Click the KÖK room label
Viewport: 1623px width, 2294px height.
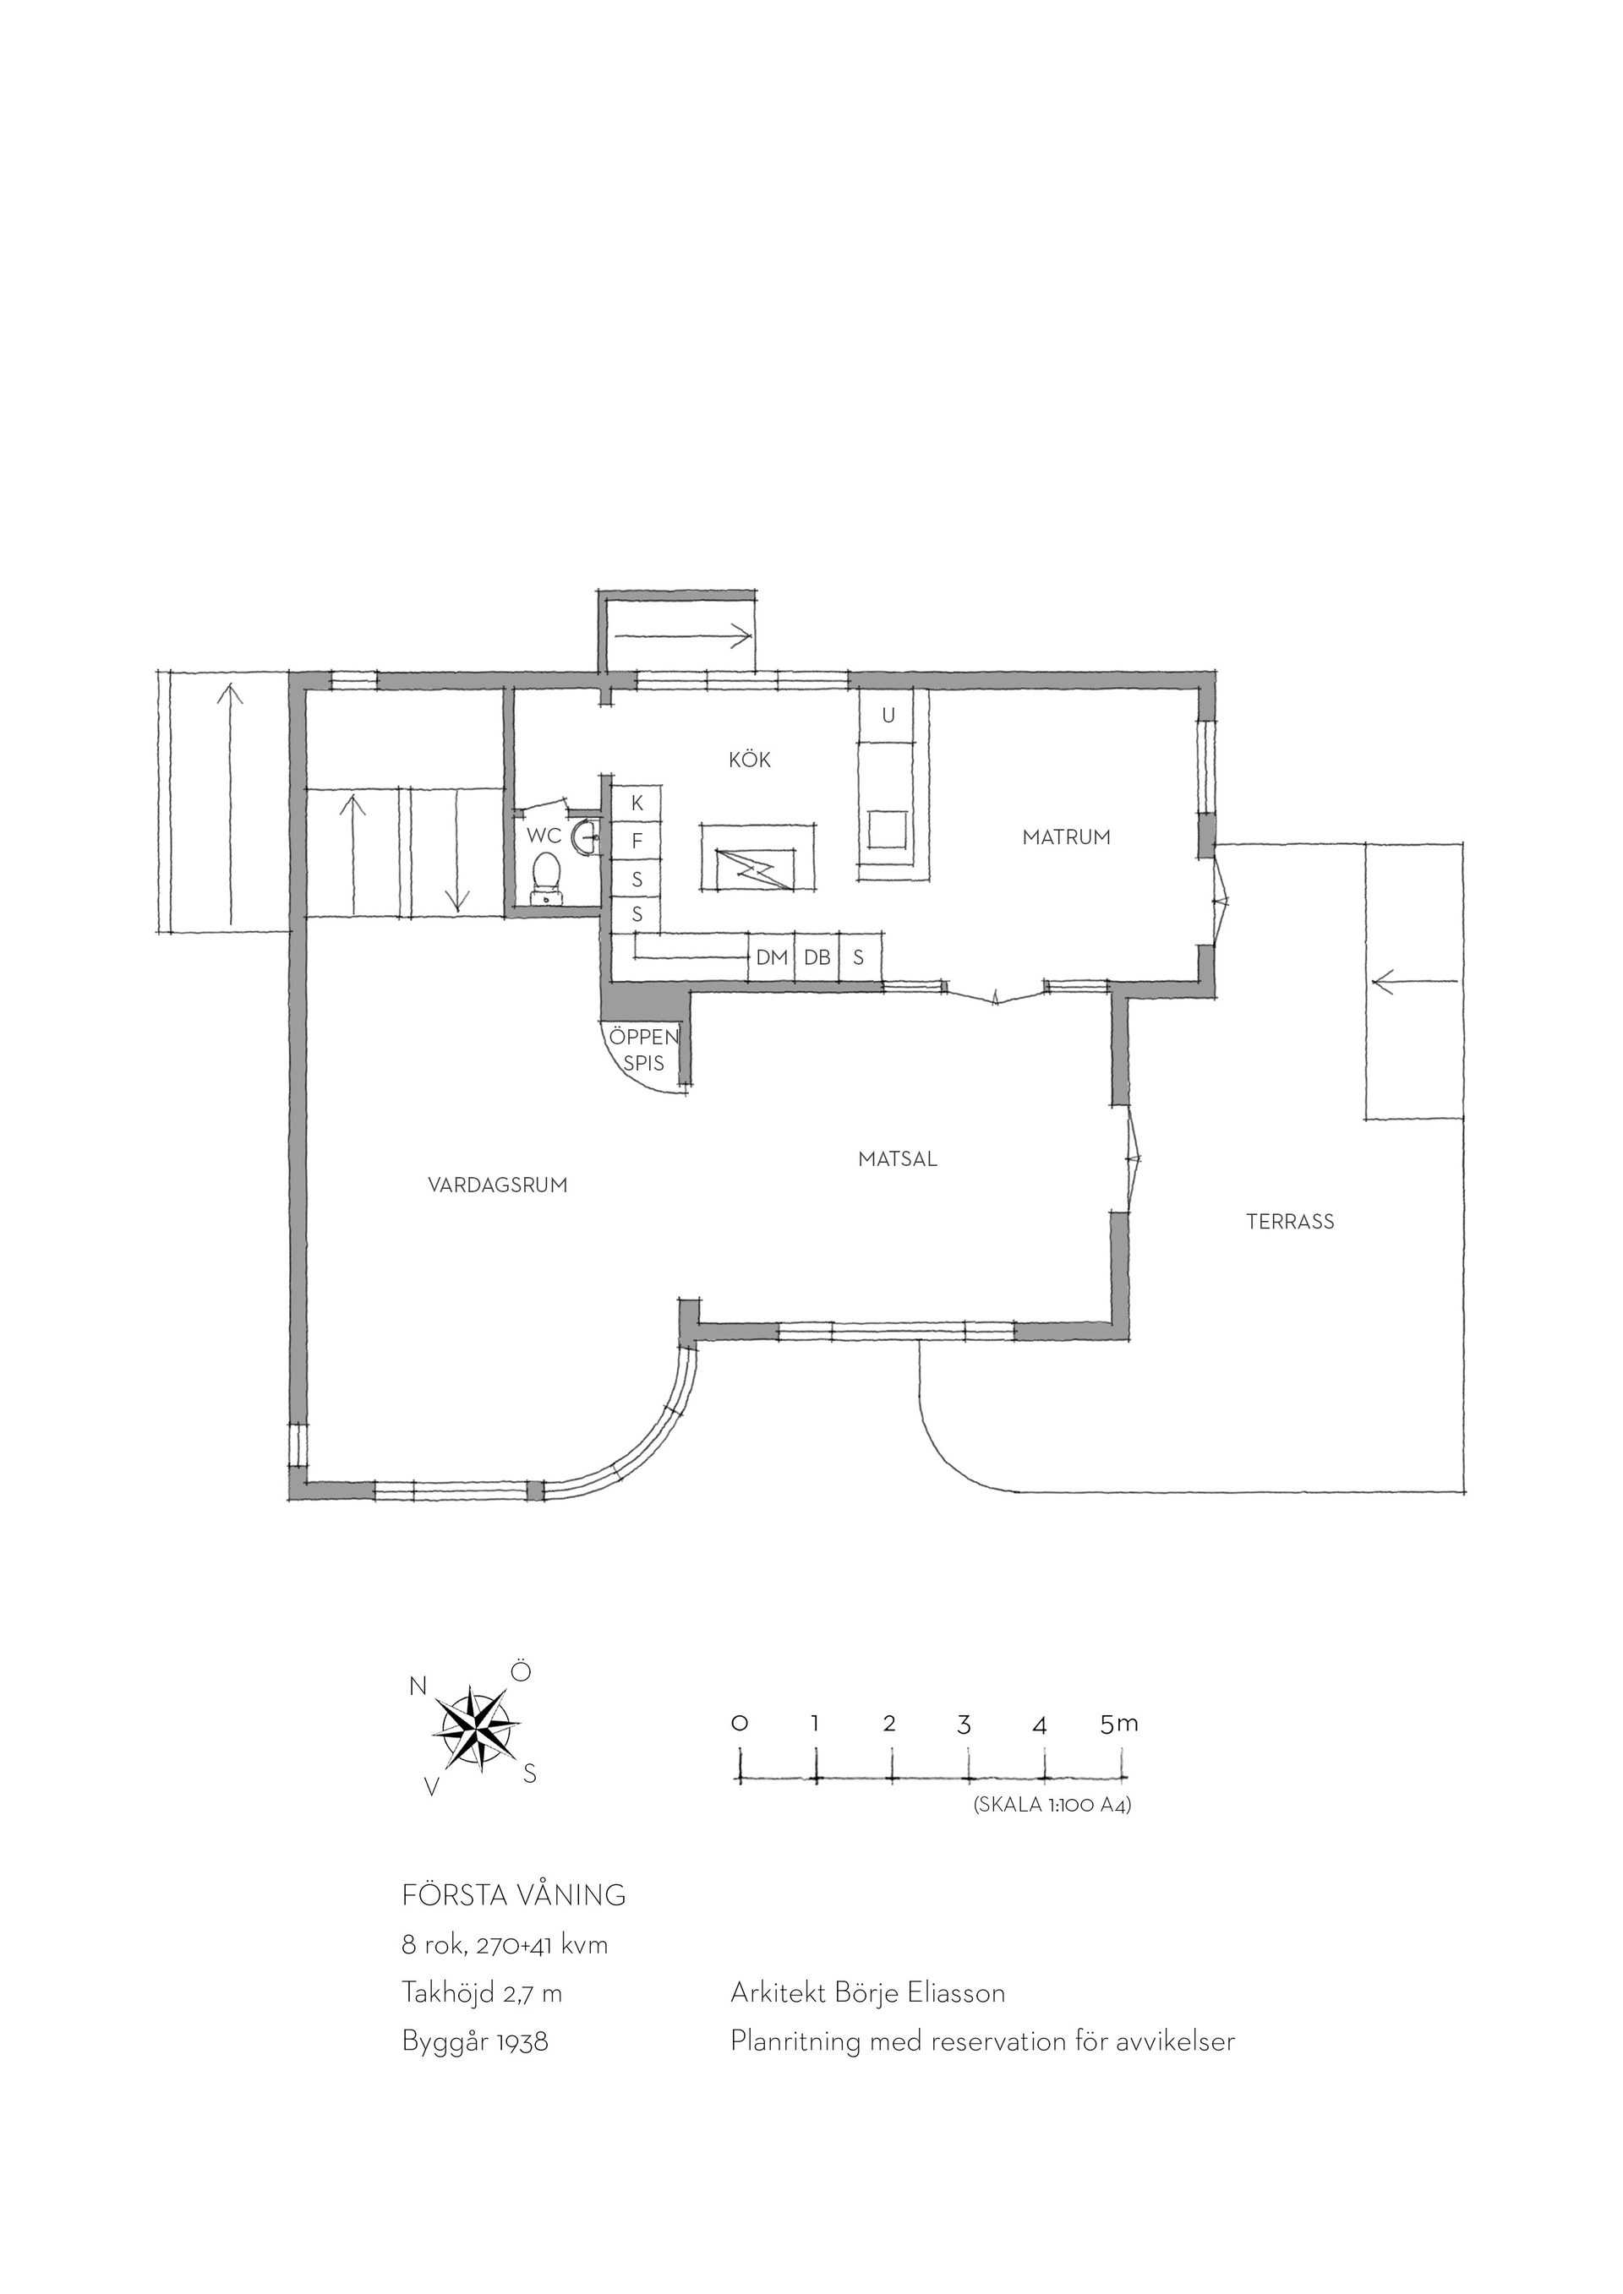point(750,760)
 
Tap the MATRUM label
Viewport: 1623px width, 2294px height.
point(1066,837)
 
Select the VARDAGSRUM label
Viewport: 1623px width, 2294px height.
point(498,1185)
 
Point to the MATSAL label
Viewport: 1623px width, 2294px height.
point(898,1159)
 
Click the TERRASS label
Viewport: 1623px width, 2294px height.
point(1290,1221)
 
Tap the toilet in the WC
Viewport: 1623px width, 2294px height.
point(547,875)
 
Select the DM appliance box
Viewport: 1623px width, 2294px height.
point(772,957)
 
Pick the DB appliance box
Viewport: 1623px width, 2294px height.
point(817,957)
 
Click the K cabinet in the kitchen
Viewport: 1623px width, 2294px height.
point(637,804)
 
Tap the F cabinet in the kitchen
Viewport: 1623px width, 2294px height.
point(637,842)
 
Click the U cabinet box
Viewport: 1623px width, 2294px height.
point(888,717)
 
